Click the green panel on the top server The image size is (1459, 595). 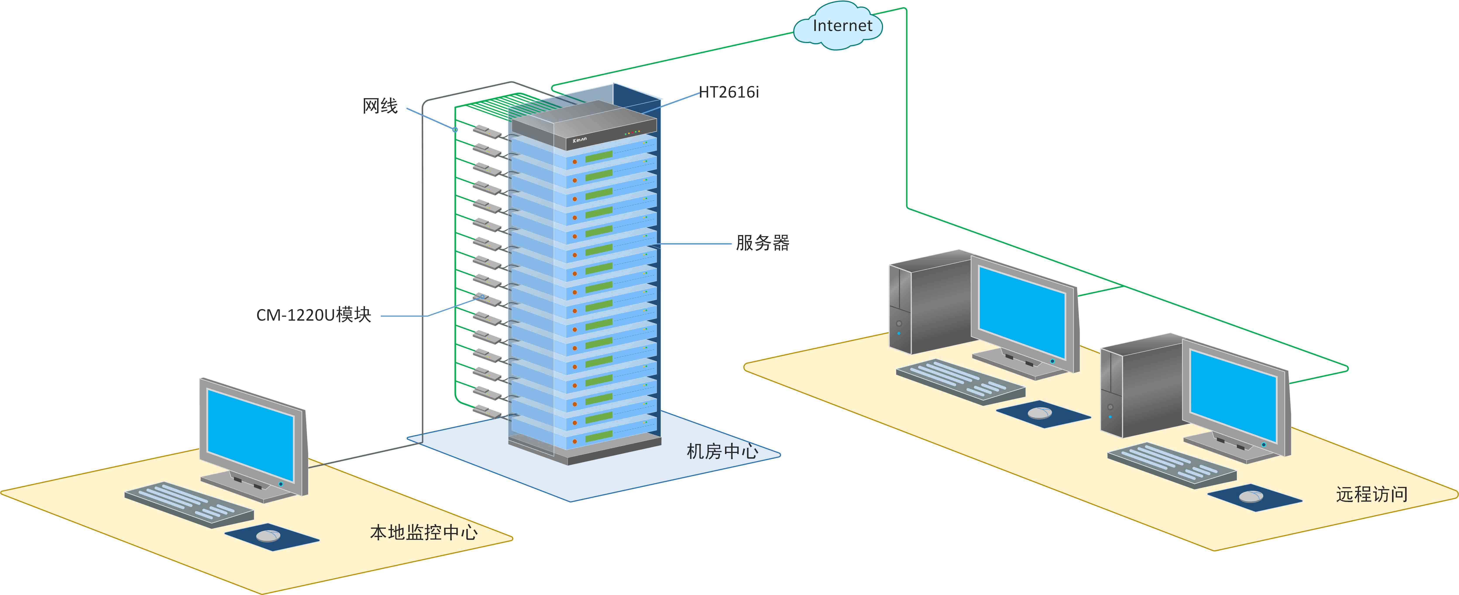599,155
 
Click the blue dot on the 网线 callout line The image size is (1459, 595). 455,130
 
